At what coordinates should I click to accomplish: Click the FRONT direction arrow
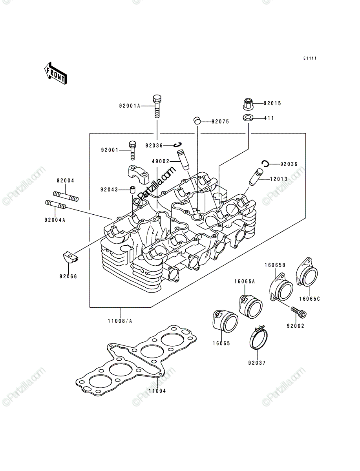pos(55,73)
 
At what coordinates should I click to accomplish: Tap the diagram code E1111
pos(310,58)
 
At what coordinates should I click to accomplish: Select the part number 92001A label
pos(130,106)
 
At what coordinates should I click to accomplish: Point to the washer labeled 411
pos(248,118)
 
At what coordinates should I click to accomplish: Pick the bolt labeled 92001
pos(133,150)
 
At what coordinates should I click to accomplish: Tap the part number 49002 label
pos(161,161)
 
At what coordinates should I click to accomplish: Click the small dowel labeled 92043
pos(133,190)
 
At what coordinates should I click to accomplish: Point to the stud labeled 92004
pos(66,196)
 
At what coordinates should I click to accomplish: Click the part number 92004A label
pos(55,220)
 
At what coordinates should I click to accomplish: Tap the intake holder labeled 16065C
pos(307,272)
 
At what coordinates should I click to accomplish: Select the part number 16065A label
pos(244,281)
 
